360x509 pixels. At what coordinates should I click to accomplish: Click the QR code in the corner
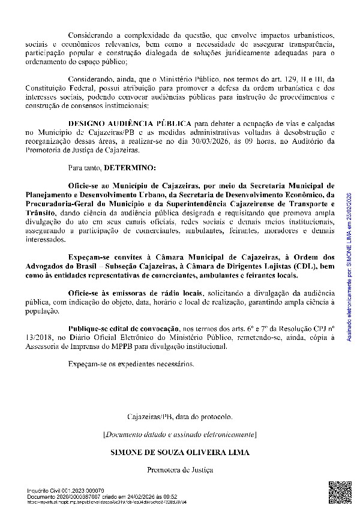pyautogui.click(x=337, y=490)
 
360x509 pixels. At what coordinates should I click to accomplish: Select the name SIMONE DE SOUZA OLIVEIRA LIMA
pyautogui.click(x=179, y=451)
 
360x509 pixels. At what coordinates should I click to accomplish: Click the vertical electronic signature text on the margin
pyautogui.click(x=350, y=275)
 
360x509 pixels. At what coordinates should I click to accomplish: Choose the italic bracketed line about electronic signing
pyautogui.click(x=179, y=433)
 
